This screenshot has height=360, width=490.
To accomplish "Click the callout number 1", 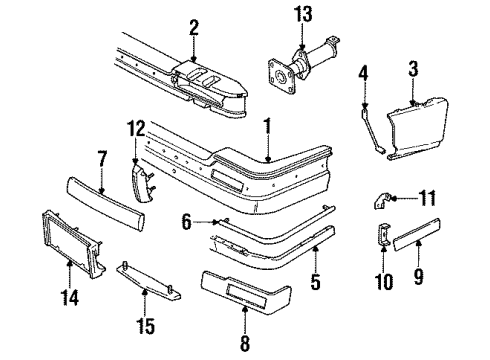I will pyautogui.click(x=267, y=127).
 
